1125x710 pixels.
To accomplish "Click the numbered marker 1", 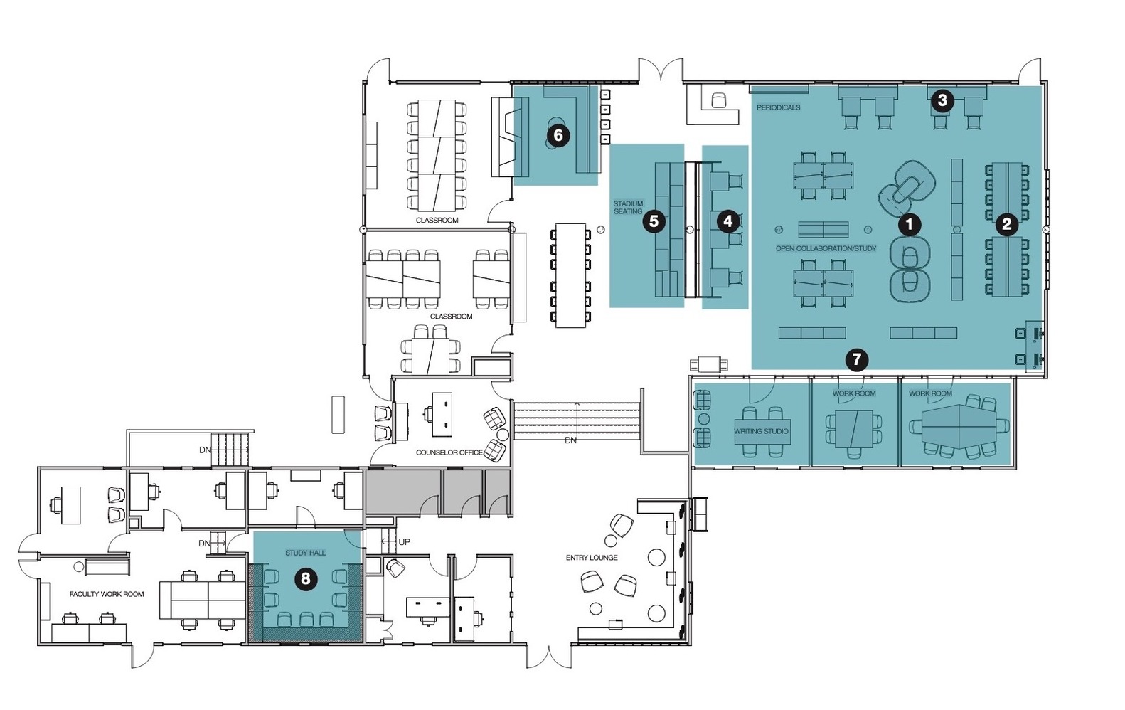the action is point(909,225).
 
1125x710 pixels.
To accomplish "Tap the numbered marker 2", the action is point(1006,224).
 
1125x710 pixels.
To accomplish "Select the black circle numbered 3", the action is point(942,100).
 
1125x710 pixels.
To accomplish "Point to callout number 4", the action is point(727,221).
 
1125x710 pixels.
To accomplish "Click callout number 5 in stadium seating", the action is point(654,221).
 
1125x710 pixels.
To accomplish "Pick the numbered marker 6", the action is point(558,135).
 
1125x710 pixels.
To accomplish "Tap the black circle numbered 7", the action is point(856,359).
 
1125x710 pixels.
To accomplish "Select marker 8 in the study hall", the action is point(305,579).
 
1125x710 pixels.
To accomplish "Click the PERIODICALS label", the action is point(779,107).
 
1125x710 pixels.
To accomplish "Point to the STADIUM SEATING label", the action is point(629,208).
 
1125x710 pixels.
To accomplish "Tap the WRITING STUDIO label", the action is point(762,431).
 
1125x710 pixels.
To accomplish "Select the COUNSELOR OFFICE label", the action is point(449,452).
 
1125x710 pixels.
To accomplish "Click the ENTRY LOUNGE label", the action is point(592,557).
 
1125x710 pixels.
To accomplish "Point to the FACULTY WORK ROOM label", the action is point(107,594).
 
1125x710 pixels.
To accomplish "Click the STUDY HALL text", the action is point(305,553).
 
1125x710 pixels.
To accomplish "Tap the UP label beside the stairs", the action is point(405,541).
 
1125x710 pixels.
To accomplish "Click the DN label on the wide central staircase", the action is point(570,440).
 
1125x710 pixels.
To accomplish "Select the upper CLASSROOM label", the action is point(437,220).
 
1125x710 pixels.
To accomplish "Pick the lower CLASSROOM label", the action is point(451,316).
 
